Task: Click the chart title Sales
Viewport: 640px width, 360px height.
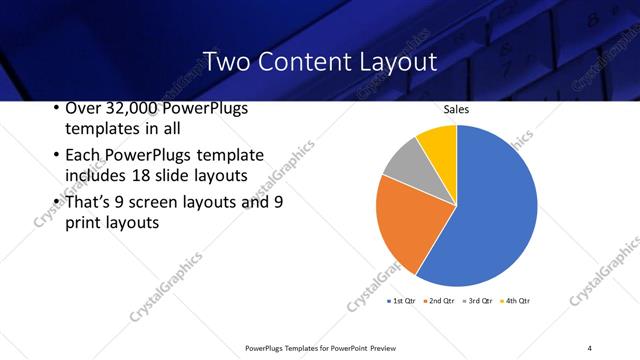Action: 456,111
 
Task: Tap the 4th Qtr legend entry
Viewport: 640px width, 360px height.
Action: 514,300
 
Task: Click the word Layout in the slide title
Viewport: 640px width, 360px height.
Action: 397,62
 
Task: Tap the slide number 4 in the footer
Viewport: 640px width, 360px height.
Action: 589,347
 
